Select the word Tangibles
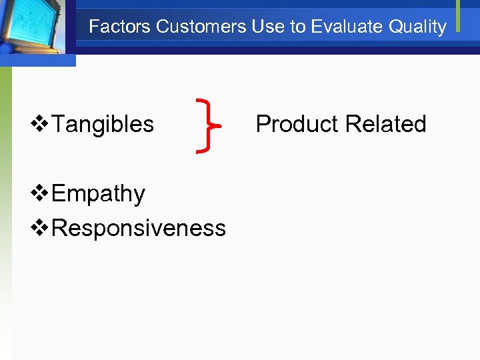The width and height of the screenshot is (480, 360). click(103, 124)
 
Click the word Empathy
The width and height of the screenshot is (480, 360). click(98, 194)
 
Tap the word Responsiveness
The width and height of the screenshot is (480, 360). click(139, 228)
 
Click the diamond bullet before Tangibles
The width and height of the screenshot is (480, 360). click(41, 124)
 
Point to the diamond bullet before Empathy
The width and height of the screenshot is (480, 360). click(41, 194)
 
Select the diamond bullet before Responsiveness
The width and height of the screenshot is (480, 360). click(41, 228)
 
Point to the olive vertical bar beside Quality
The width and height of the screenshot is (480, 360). click(458, 15)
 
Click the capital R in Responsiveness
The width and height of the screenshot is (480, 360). click(59, 228)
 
